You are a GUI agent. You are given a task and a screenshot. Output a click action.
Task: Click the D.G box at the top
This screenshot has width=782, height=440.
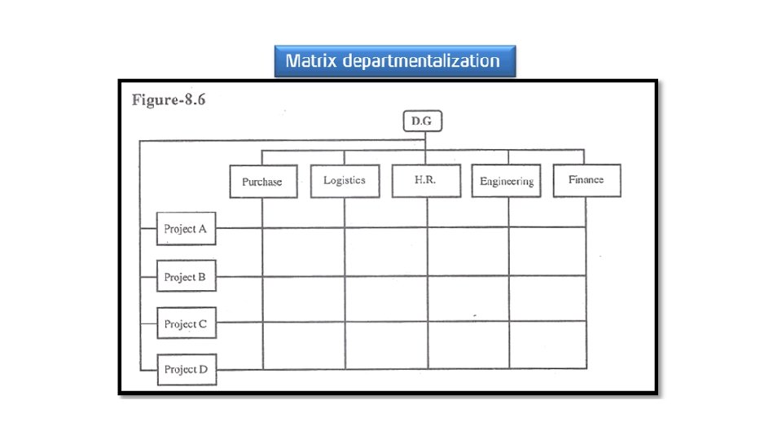coord(421,122)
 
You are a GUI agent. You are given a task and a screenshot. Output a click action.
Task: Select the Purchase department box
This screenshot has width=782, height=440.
coord(261,181)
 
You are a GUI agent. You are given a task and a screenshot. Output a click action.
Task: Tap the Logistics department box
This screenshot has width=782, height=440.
coord(344,180)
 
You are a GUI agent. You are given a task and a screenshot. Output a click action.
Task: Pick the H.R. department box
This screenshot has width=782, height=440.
coord(424,180)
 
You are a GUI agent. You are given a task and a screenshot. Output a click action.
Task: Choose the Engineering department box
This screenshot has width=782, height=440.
coord(506,181)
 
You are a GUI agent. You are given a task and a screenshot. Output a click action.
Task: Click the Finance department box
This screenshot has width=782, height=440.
coord(586,180)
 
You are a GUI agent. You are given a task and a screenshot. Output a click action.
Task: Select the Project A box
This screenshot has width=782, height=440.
coord(186,229)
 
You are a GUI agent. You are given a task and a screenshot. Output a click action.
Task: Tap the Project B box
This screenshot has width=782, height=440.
coord(186,277)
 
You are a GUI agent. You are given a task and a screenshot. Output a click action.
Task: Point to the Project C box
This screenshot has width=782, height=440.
coord(186,323)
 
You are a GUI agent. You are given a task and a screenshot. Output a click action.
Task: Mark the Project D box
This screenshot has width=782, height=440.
coord(186,369)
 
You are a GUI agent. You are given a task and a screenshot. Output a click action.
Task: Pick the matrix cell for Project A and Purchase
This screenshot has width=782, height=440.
coord(303,252)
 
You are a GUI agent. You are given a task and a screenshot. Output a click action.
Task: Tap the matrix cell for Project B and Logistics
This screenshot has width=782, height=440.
coord(385,298)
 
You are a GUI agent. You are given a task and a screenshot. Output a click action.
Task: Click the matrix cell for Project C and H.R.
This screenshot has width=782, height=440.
coord(468,345)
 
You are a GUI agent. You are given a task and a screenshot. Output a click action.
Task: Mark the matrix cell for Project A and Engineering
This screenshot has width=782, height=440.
coord(547,252)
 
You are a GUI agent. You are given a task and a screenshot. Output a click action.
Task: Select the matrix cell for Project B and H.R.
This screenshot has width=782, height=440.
coord(468,298)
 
